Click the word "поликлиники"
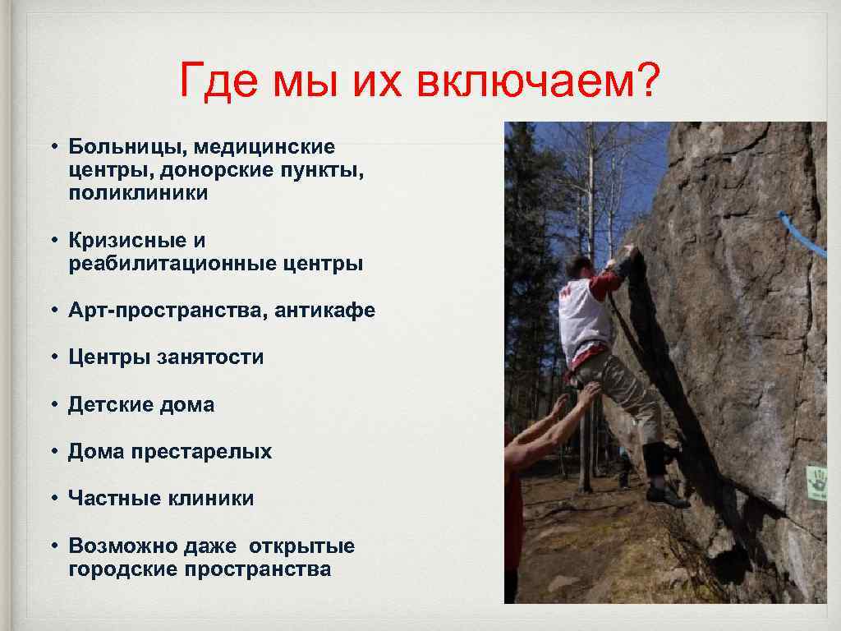point(138,194)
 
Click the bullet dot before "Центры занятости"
point(52,357)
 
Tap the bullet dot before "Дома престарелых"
point(52,451)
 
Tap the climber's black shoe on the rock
point(666,496)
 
